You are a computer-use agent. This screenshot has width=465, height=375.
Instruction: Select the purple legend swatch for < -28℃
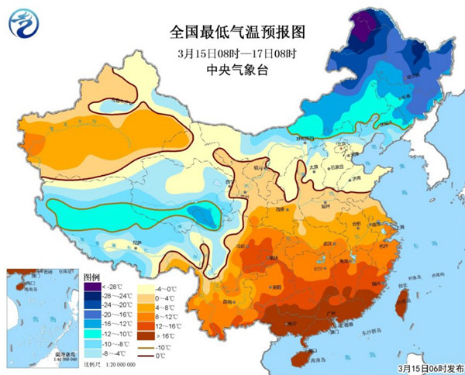click(x=90, y=287)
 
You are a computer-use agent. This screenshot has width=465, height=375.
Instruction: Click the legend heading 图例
click(x=91, y=277)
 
